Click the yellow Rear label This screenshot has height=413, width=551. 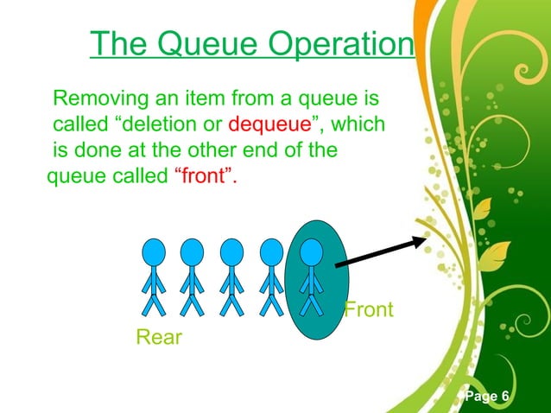[x=159, y=337]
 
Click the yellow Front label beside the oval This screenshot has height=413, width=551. [x=369, y=308]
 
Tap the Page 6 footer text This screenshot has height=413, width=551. [x=486, y=396]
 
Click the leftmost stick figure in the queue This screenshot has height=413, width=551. [x=154, y=276]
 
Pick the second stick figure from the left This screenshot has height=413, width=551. [x=192, y=276]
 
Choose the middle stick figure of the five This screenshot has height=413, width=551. [x=231, y=276]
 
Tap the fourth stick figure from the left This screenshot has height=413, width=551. [x=271, y=276]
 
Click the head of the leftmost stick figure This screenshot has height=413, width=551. [x=154, y=251]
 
